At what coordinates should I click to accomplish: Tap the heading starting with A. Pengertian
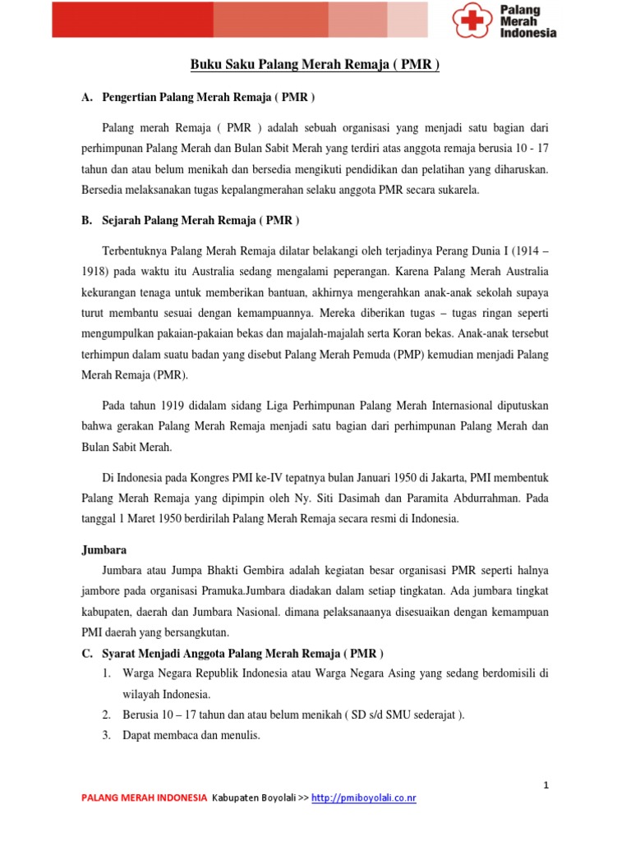coord(198,97)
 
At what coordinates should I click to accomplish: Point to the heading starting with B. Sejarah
coord(191,221)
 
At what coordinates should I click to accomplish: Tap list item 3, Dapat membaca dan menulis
coord(191,735)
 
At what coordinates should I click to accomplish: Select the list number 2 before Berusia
coord(107,715)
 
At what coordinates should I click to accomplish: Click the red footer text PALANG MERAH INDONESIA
coord(144,797)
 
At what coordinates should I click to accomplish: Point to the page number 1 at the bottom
coord(546,785)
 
